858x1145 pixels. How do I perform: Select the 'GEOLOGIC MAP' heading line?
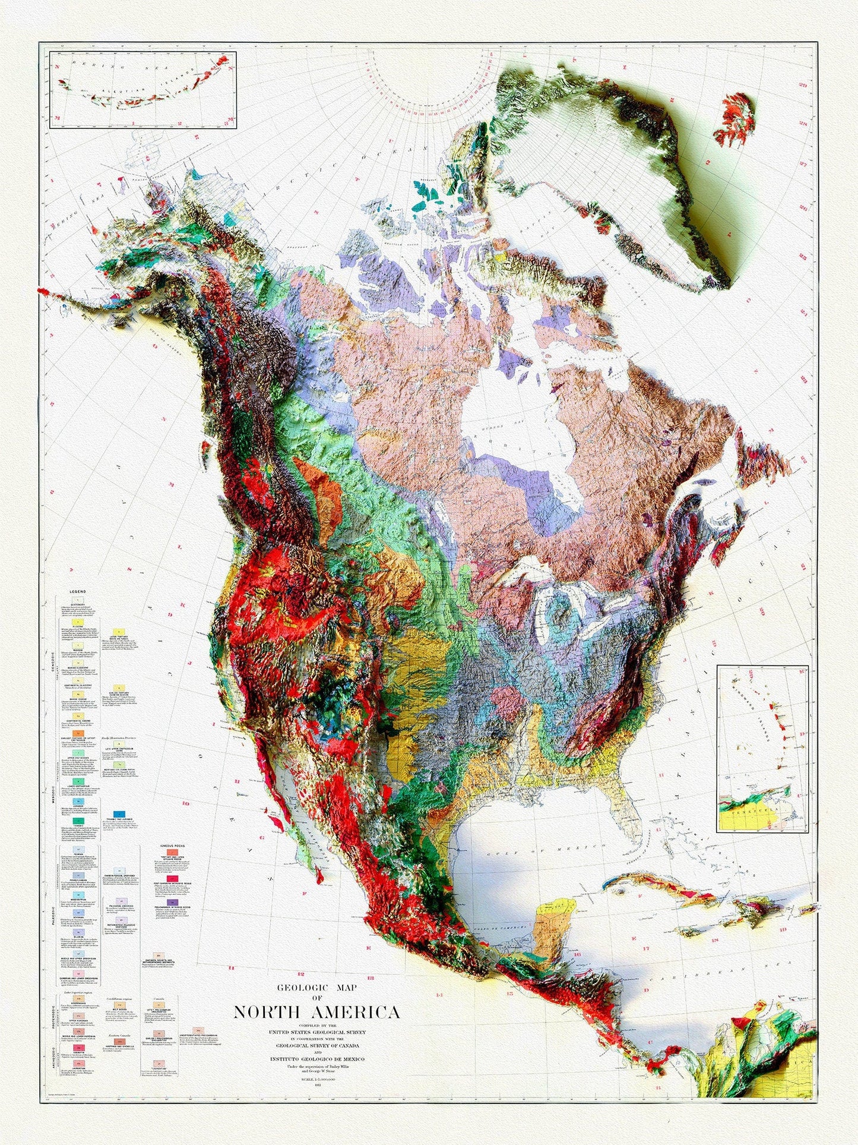coord(316,988)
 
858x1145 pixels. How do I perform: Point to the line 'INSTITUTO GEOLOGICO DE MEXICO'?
coord(317,1059)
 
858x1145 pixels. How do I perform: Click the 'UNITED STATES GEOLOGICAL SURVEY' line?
coord(317,1032)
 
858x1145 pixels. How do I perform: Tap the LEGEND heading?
coord(78,592)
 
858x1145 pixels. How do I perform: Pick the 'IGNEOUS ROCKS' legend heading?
coord(170,845)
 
